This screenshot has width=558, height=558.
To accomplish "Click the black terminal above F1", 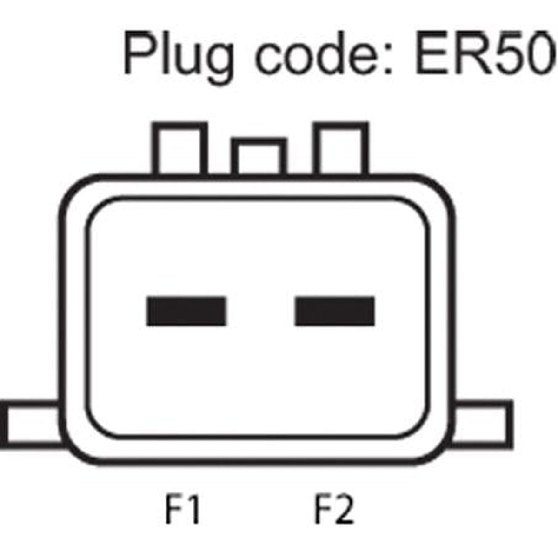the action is (x=186, y=311).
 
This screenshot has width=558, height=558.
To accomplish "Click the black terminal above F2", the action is (x=335, y=311).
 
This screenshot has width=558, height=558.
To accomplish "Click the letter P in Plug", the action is (x=141, y=53).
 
